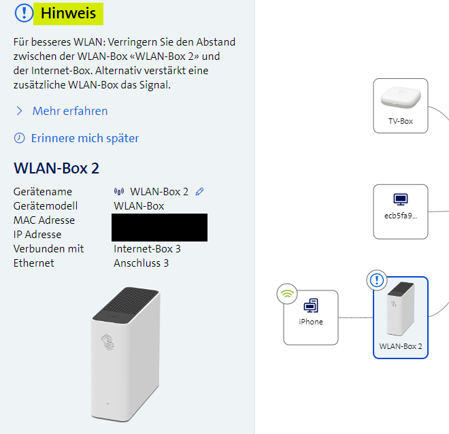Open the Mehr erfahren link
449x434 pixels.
pyautogui.click(x=69, y=111)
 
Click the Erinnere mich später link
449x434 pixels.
pyautogui.click(x=84, y=138)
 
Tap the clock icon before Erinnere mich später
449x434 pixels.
pyautogui.click(x=19, y=138)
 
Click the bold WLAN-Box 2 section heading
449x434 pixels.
pyautogui.click(x=56, y=168)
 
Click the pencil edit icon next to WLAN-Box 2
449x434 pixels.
pyautogui.click(x=199, y=192)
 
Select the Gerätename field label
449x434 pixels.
pyautogui.click(x=42, y=192)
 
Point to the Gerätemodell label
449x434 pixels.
pyautogui.click(x=45, y=206)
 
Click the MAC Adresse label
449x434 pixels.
pyautogui.click(x=44, y=220)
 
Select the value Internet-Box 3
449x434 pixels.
pyautogui.click(x=147, y=249)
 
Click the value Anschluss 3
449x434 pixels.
pyautogui.click(x=141, y=263)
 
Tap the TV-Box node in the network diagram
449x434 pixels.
pyautogui.click(x=400, y=105)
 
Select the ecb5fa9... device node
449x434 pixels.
pyautogui.click(x=400, y=212)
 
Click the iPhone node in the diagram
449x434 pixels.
pyautogui.click(x=311, y=317)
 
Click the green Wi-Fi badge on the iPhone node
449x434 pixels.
pyautogui.click(x=287, y=295)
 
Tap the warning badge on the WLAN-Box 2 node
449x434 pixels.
pyautogui.click(x=376, y=280)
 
